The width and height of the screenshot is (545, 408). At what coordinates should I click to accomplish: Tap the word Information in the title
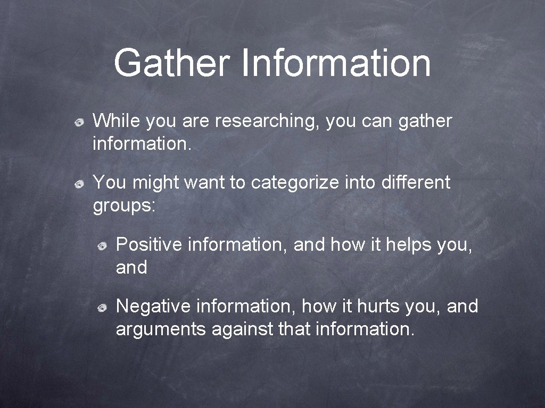click(x=336, y=63)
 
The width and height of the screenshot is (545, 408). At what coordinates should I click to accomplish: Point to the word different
click(x=416, y=183)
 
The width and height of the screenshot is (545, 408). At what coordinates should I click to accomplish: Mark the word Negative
click(x=153, y=307)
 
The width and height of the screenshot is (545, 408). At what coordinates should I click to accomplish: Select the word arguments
click(x=161, y=330)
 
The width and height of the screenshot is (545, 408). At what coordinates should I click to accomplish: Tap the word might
click(x=156, y=183)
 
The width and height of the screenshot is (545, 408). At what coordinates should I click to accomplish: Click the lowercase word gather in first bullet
click(x=424, y=122)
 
